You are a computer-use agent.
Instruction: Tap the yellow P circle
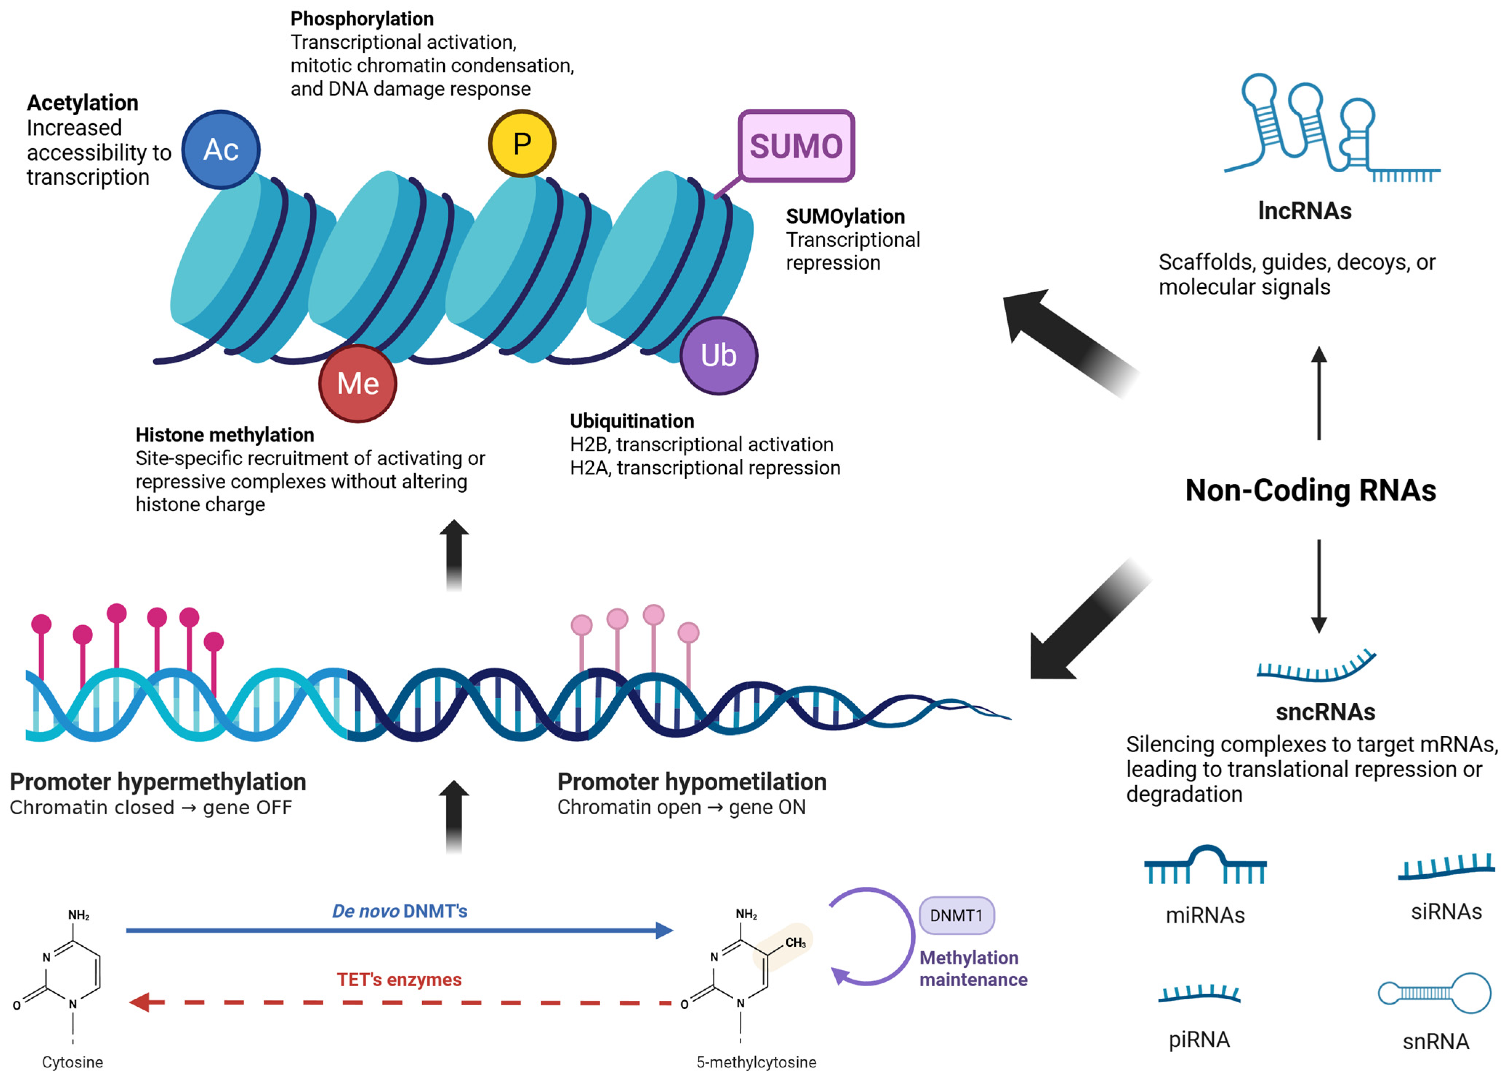click(522, 144)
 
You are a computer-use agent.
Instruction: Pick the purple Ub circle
click(718, 356)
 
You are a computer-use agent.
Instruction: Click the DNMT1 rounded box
click(956, 915)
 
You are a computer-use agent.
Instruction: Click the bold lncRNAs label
click(1304, 210)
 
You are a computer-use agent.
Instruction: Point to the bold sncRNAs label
click(1325, 711)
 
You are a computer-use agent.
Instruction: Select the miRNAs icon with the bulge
click(1205, 865)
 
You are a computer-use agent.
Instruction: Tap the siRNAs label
click(1446, 911)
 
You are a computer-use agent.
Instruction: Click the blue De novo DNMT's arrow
click(398, 930)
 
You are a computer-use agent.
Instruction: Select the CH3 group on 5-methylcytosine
click(795, 943)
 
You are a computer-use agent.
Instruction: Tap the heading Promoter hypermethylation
click(158, 782)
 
